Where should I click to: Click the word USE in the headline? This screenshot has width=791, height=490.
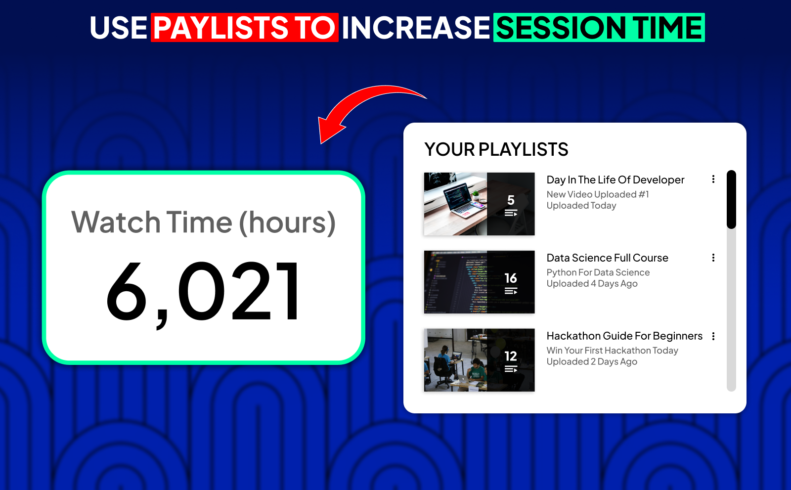119,28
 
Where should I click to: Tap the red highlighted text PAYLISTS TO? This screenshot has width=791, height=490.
245,28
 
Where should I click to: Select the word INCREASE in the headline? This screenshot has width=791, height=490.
415,28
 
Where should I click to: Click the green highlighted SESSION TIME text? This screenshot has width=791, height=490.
599,28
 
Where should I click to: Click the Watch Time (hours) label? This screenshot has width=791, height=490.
203,223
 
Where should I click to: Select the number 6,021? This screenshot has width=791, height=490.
203,292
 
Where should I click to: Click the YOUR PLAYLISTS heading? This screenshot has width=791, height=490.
496,149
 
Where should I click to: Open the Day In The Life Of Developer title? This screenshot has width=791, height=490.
615,180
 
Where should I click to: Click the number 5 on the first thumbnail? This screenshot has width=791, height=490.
511,200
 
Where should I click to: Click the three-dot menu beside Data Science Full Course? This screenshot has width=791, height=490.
713,258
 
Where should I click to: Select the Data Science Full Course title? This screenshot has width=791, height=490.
607,258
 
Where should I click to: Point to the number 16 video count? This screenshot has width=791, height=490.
511,278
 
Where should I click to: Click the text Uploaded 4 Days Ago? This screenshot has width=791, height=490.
592,284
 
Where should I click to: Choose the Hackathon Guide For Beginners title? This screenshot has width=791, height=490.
624,336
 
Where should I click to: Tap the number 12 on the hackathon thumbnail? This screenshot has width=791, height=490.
511,356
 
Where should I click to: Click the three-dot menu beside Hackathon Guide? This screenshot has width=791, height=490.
713,336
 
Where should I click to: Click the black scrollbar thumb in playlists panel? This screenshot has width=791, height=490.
731,200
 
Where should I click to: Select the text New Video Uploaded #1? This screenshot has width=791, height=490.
597,194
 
